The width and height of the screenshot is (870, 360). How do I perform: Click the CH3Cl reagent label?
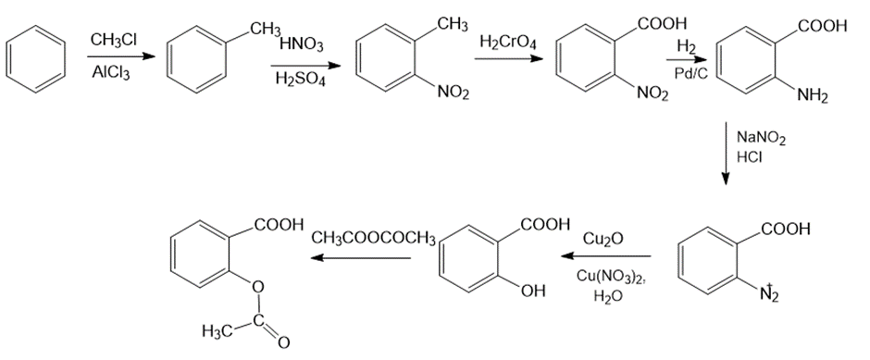[114, 40]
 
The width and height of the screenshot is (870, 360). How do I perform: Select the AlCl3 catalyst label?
[110, 73]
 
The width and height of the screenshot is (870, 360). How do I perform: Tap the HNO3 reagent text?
[300, 45]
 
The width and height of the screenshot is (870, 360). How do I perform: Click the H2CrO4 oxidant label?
[508, 41]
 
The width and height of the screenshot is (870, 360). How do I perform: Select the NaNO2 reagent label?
[761, 138]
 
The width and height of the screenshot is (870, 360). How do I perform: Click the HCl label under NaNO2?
[749, 157]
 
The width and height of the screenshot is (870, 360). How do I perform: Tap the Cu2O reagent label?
[603, 239]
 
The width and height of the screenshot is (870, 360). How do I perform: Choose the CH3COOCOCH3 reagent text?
[373, 239]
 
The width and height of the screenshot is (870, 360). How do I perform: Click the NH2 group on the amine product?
[813, 96]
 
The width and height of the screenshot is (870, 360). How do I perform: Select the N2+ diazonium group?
[769, 292]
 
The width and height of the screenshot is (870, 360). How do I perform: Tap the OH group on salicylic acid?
[533, 291]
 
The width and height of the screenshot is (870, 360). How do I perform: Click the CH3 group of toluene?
[265, 29]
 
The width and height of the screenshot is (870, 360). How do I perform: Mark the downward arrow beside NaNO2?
[726, 154]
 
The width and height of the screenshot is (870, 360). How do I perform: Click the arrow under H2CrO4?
[508, 57]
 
